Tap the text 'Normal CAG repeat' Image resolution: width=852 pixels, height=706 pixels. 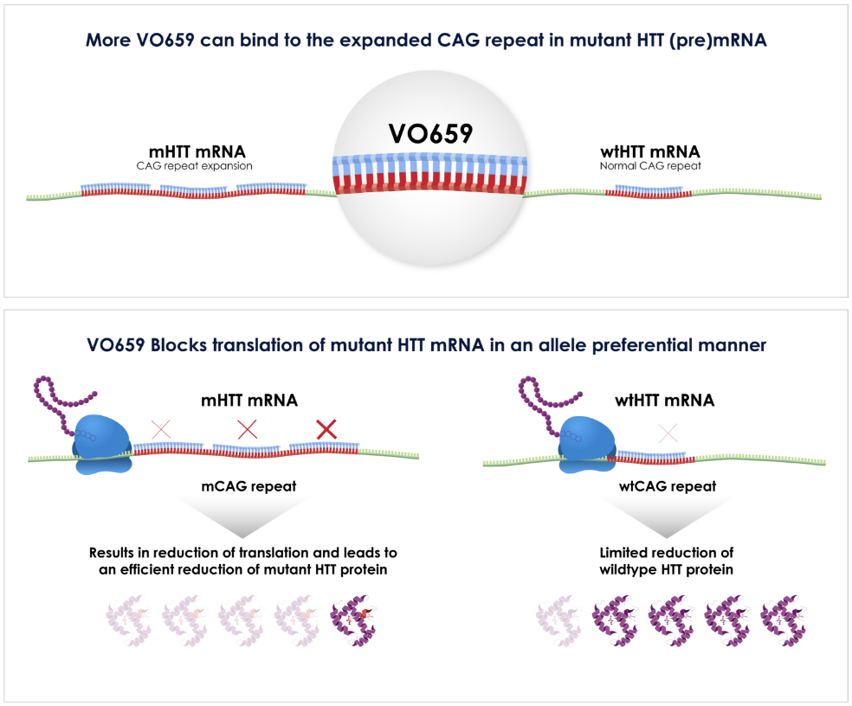[655, 166]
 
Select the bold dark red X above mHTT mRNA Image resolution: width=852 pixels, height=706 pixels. [326, 428]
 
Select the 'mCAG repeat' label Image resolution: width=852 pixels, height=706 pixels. [248, 486]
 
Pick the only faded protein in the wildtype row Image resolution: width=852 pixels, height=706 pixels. [559, 619]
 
